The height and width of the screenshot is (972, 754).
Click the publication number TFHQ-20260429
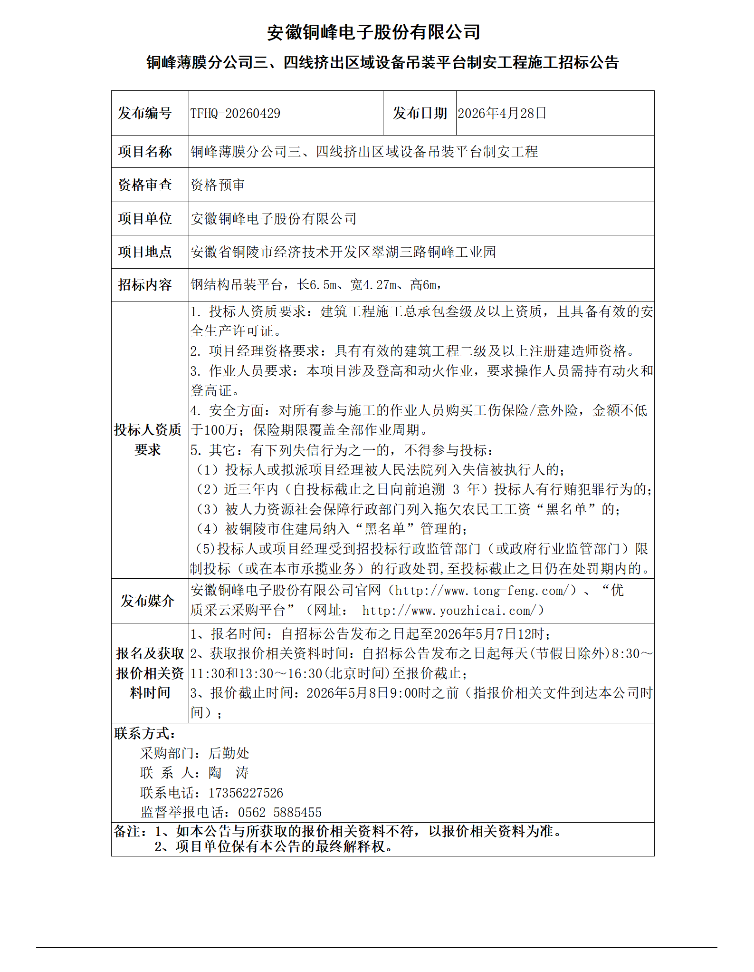coord(235,114)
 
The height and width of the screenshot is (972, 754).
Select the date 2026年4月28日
coord(502,114)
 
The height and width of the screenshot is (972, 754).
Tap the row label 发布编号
coord(145,114)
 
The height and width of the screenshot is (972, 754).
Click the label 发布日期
coord(420,114)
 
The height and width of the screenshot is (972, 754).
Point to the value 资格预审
coord(218,185)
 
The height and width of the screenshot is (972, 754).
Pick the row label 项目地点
coord(145,252)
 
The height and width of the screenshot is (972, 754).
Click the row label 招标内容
coord(145,285)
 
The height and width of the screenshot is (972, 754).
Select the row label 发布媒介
coord(147,601)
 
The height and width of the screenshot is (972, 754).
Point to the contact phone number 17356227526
coord(246,793)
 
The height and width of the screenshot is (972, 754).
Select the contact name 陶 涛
coord(229,773)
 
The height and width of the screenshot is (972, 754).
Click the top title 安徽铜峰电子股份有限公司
coord(373,32)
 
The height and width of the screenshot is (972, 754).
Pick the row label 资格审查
coord(145,185)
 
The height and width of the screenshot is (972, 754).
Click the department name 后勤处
coord(229,753)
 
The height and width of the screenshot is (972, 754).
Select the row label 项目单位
coord(145,219)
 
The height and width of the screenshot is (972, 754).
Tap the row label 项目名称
coord(145,152)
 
